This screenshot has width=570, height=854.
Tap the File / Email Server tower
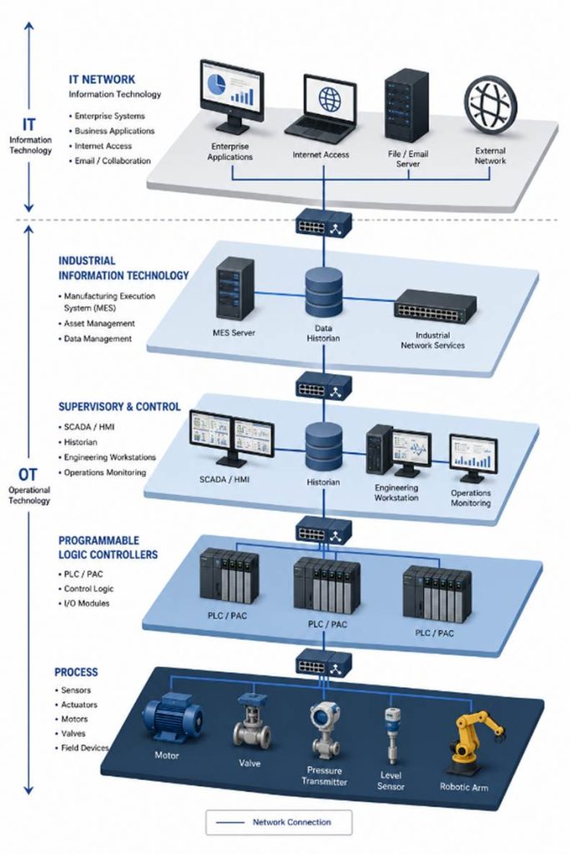tap(406, 105)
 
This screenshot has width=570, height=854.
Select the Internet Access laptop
tap(321, 109)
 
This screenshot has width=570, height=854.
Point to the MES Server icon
tap(235, 289)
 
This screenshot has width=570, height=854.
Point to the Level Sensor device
tap(391, 736)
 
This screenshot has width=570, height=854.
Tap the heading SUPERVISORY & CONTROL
tap(119, 407)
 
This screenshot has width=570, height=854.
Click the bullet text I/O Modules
tap(87, 604)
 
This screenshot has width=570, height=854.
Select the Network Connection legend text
tap(291, 821)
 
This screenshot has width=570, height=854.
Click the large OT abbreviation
tap(28, 475)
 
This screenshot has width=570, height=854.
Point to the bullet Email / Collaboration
tap(113, 161)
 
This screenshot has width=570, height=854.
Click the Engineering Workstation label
tap(396, 492)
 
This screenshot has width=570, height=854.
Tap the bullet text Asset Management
tap(99, 323)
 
